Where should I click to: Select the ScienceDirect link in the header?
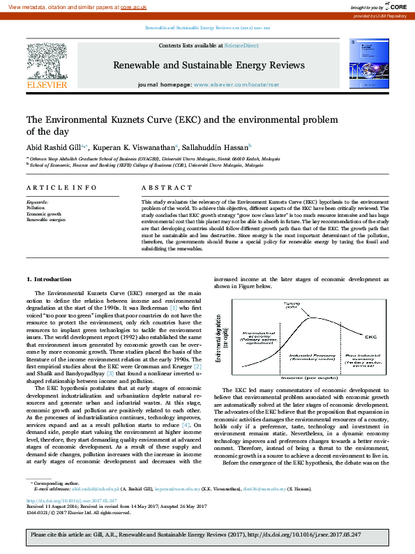click(241, 45)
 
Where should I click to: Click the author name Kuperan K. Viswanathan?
click(131, 147)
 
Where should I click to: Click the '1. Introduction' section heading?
click(53, 279)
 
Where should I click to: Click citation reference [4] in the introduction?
click(186, 425)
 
